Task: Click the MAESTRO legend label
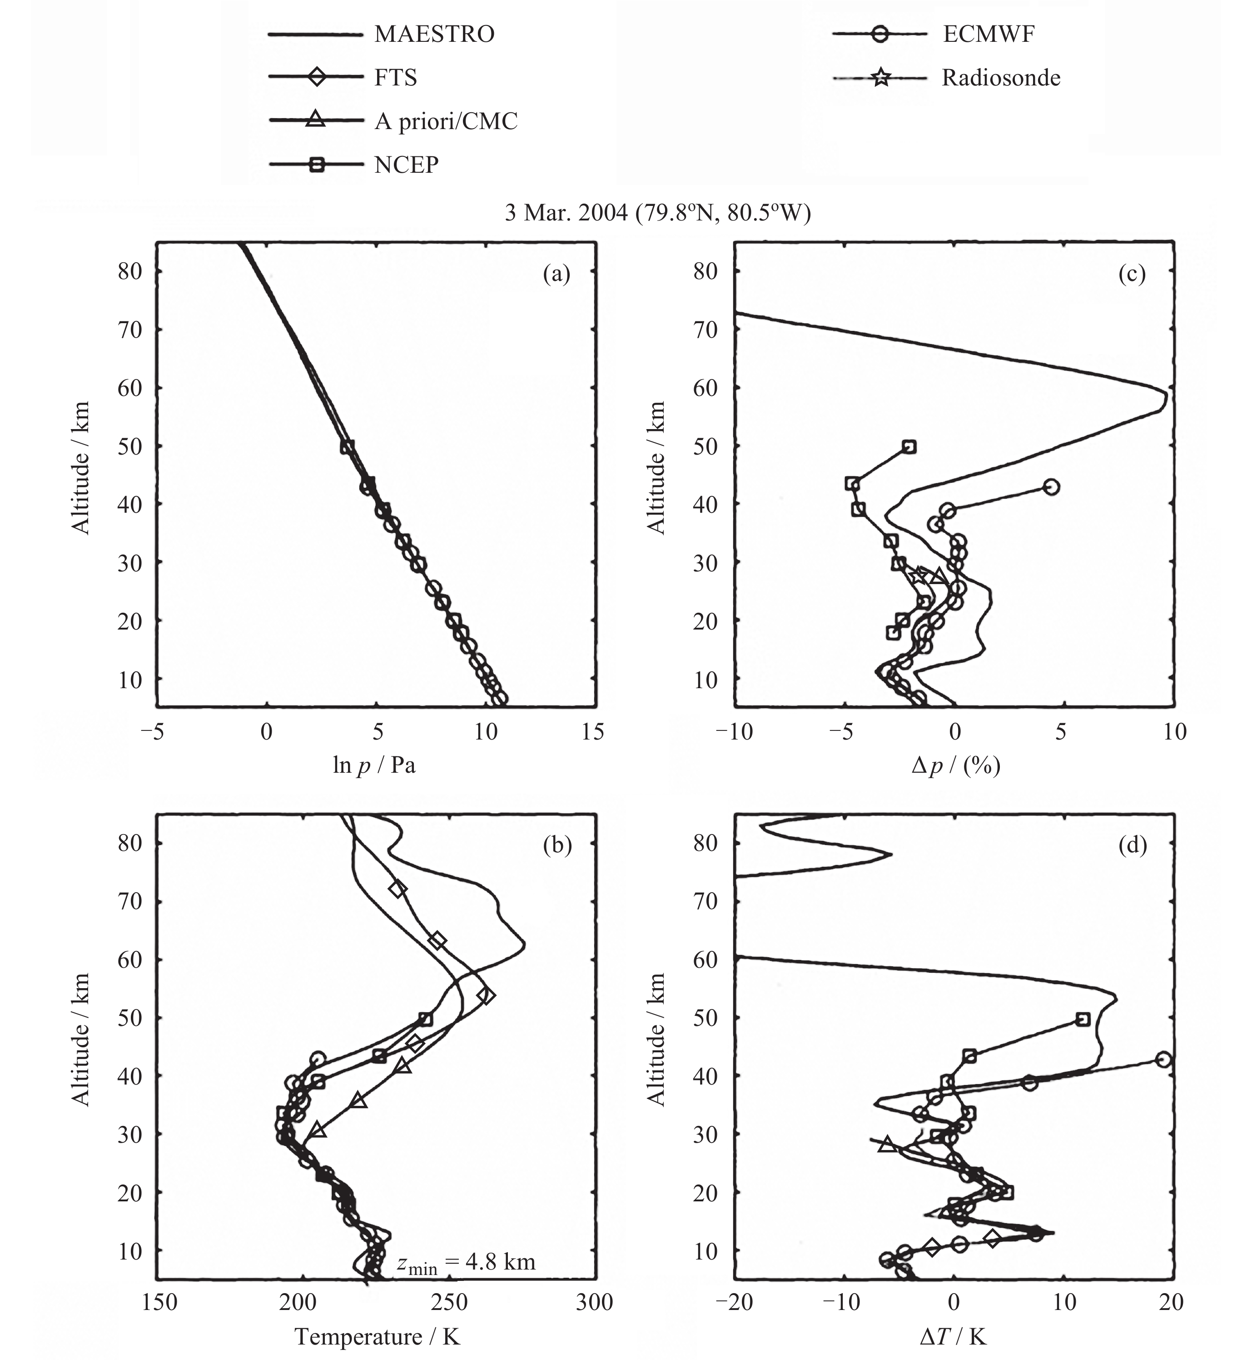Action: click(434, 35)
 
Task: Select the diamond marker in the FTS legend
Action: click(316, 77)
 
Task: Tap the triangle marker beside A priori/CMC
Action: click(316, 120)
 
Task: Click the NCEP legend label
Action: click(406, 165)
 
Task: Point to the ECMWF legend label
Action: click(989, 35)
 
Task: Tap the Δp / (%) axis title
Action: click(955, 765)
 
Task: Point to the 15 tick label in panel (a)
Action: click(593, 732)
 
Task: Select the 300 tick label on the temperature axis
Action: click(593, 1302)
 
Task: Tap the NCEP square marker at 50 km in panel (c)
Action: click(909, 447)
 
